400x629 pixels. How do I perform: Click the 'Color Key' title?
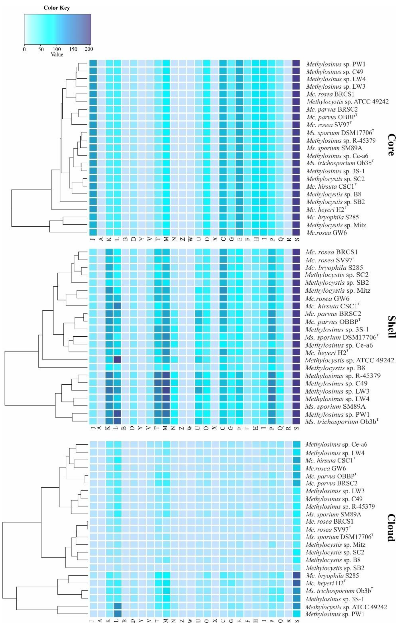point(57,8)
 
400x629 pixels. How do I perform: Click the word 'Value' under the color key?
point(57,55)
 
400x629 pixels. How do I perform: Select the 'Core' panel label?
point(391,145)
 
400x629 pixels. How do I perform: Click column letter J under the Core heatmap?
point(93,239)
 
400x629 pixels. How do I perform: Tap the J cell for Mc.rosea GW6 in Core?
point(93,232)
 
